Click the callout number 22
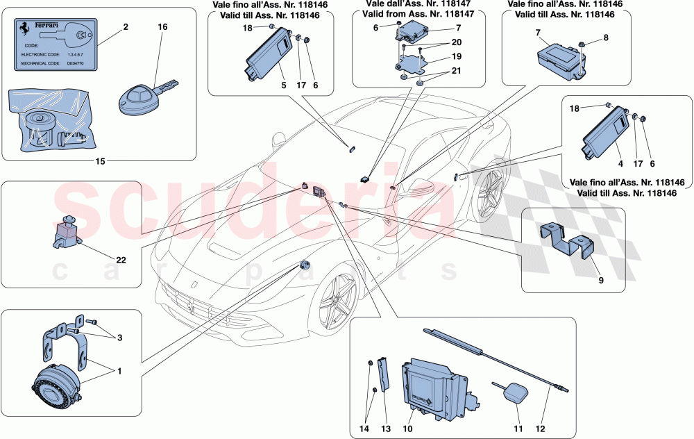(x=120, y=260)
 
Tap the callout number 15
(x=101, y=162)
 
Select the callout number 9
(x=601, y=281)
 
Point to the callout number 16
(x=163, y=27)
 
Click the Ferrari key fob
(x=139, y=97)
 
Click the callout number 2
(x=125, y=27)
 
